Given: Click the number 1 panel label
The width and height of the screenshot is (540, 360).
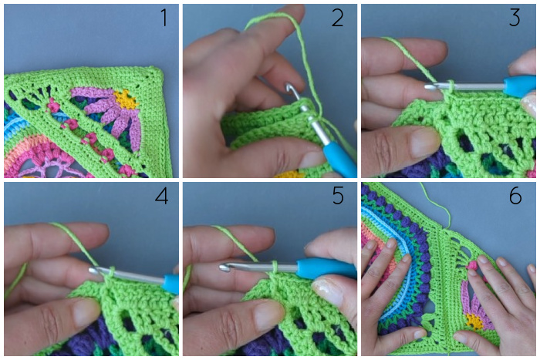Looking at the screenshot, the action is coord(164,18).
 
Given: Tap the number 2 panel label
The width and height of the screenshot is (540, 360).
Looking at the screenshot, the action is coord(338,18).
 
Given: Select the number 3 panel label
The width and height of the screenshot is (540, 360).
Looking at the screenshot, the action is coord(515,18).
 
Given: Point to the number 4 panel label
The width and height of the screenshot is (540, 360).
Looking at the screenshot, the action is coord(161,196).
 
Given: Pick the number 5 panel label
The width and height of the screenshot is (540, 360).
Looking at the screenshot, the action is coord(338,196).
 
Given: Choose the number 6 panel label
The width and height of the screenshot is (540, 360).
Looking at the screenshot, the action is coord(515,196).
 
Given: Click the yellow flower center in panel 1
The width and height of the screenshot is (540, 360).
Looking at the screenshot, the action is coord(126,99).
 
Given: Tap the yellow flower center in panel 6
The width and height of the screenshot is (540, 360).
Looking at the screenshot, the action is coord(474,321).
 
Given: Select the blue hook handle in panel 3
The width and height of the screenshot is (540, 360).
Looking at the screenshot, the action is coord(519,86).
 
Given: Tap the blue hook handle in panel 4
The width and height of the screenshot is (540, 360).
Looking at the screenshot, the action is coord(170,284).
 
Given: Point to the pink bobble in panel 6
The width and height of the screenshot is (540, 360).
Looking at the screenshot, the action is coord(472,266).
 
